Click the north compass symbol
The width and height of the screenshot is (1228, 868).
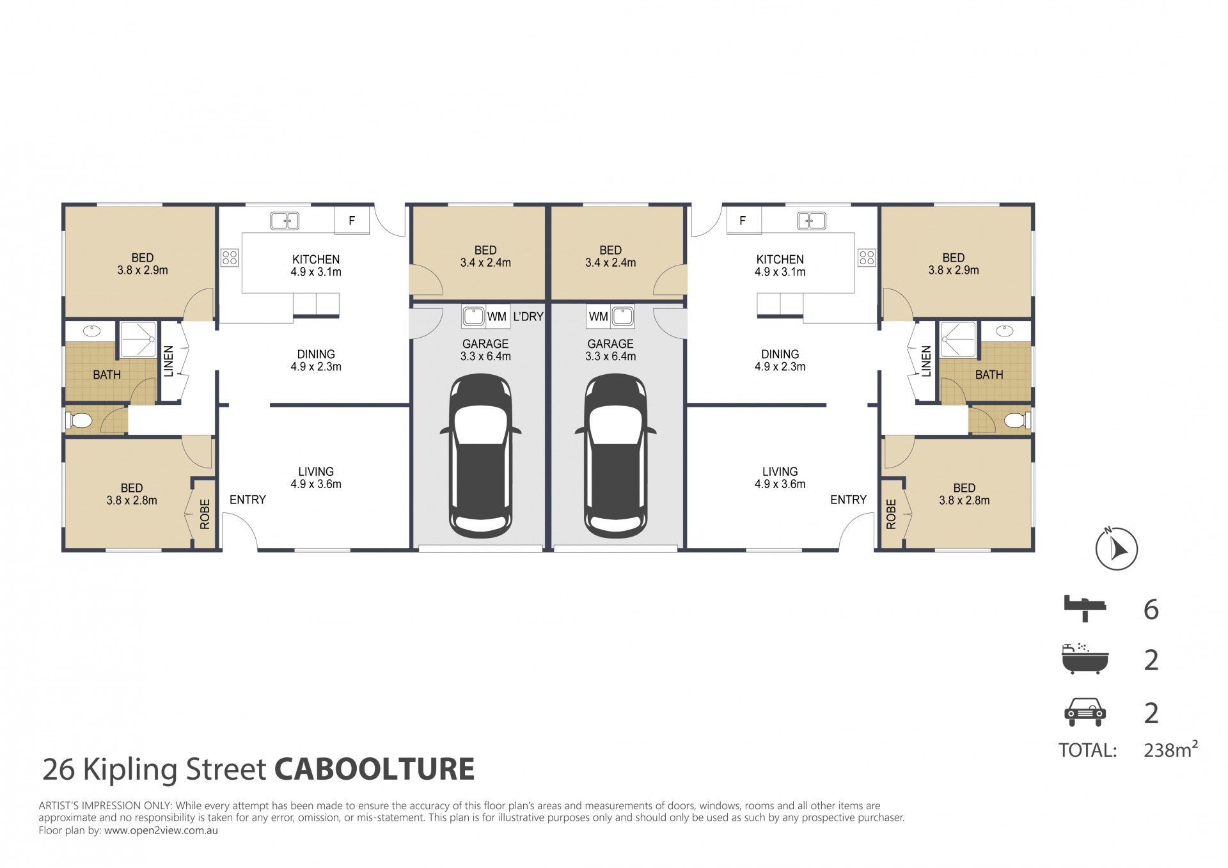pyautogui.click(x=1117, y=548)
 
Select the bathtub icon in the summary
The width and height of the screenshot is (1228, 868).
pyautogui.click(x=1084, y=658)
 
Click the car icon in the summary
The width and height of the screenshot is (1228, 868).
pyautogui.click(x=1085, y=712)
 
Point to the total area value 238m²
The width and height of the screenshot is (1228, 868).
pyautogui.click(x=1170, y=750)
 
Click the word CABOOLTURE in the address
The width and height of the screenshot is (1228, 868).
pyautogui.click(x=375, y=769)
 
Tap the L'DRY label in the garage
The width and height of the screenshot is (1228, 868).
pyautogui.click(x=528, y=317)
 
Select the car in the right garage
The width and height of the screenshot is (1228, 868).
pyautogui.click(x=615, y=456)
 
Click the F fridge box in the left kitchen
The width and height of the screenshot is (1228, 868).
pyautogui.click(x=352, y=221)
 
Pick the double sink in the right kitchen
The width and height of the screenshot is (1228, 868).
pyautogui.click(x=812, y=221)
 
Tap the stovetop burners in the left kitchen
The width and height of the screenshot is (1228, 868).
pyautogui.click(x=230, y=258)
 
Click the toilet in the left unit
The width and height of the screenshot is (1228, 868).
pyautogui.click(x=79, y=420)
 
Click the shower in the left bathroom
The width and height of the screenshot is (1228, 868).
pyautogui.click(x=138, y=340)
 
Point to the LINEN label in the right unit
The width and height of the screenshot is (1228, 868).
pyautogui.click(x=926, y=361)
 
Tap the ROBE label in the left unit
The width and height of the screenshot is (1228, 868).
pyautogui.click(x=205, y=514)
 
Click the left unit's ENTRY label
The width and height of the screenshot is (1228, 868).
pyautogui.click(x=248, y=500)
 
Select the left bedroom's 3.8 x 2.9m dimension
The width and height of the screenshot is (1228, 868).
pyautogui.click(x=143, y=270)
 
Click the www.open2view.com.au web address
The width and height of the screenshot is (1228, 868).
pyautogui.click(x=161, y=831)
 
